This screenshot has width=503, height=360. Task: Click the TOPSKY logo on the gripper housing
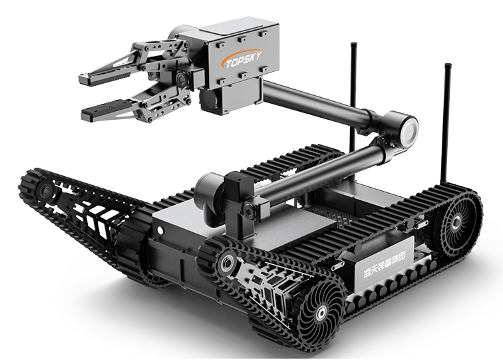point(243,59)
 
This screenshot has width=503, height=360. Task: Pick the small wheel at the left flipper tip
point(42,190)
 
